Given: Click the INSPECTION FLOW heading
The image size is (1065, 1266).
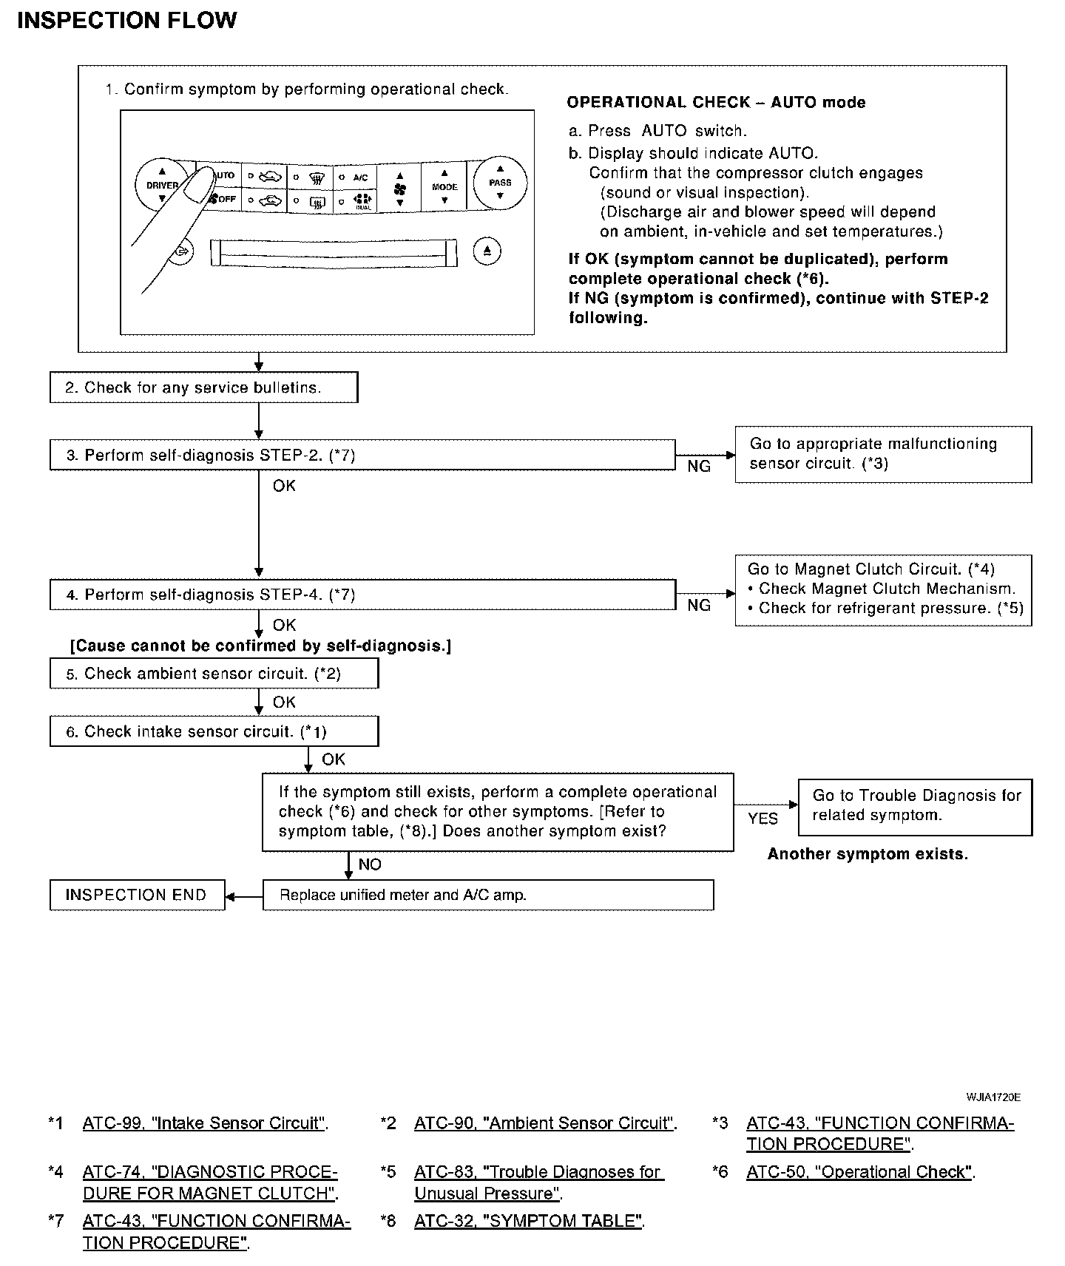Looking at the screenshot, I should coord(126,20).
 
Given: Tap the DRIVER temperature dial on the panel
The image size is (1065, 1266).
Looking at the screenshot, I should coord(161,185).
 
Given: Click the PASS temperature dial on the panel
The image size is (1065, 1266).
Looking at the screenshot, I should coord(500,183).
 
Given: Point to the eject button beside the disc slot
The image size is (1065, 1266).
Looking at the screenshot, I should coord(487,251).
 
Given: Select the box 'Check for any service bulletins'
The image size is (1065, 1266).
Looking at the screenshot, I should coord(203,387).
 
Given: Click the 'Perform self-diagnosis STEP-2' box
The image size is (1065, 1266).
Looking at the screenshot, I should coord(362,455).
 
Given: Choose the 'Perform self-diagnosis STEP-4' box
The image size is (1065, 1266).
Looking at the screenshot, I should coord(362,595).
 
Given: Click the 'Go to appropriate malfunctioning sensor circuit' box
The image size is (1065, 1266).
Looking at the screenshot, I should coord(883,454).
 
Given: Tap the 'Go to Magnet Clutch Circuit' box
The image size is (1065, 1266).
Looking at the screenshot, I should coord(883,589).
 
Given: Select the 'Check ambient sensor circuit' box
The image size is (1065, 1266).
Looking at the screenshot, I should coord(214,673).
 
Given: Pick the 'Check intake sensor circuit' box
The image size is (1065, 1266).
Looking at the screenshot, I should coord(214,731).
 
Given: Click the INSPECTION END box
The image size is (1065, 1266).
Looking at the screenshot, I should coord(137,895).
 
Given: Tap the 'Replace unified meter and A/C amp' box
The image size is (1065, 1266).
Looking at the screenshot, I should coord(488,895).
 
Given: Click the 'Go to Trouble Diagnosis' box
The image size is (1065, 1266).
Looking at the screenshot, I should coord(915,806).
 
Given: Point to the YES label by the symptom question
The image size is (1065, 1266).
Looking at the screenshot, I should coord(763,819).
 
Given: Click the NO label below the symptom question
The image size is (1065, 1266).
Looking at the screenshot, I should coord(370,864).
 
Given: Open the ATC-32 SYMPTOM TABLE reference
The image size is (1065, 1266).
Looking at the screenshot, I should coord(529,1221).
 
